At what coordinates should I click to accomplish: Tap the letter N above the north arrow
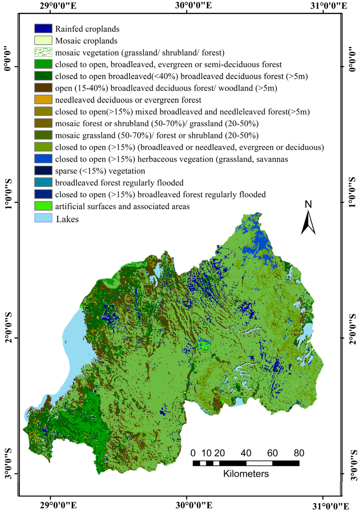pos(308,204)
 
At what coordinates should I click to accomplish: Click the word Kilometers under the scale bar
pos(246,474)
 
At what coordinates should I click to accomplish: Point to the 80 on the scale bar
pos(299,453)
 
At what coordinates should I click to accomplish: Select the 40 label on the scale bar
pos(246,453)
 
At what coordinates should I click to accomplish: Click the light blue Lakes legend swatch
pos(43,218)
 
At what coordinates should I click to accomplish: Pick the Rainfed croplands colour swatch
pos(43,28)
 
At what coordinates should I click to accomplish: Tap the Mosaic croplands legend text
pos(86,41)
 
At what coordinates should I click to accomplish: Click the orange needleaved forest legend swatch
pos(43,100)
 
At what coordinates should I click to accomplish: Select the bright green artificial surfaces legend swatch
pos(43,206)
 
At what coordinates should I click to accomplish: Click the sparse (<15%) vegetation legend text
pos(100,171)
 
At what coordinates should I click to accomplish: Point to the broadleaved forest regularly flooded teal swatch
pos(43,183)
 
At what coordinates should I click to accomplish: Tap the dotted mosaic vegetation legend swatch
pos(43,52)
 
